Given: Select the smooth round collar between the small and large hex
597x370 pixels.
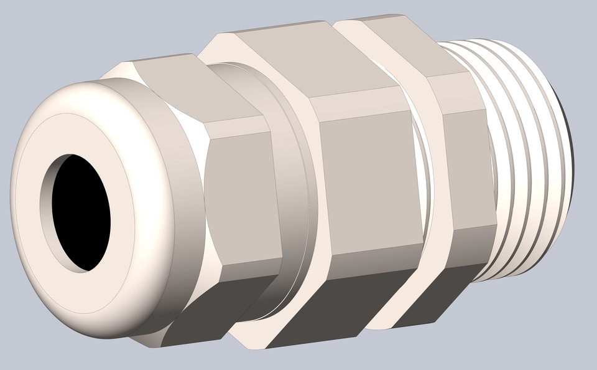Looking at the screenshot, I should (x=292, y=187).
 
